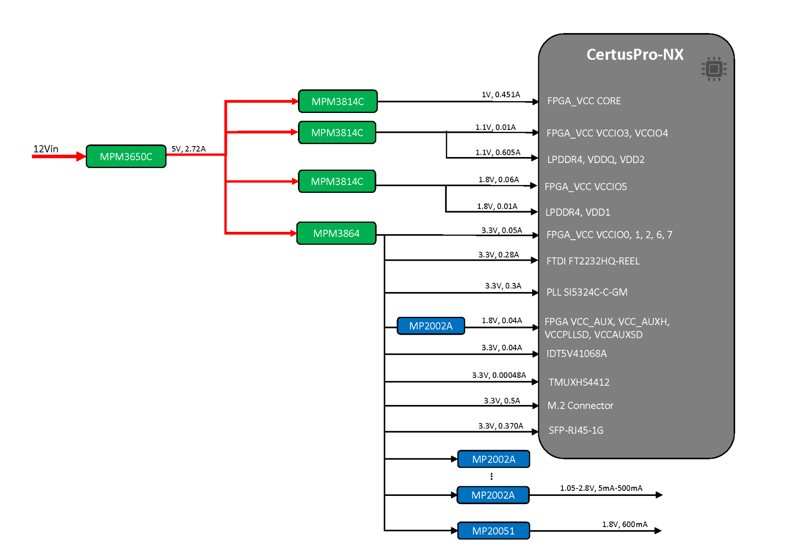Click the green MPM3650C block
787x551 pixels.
point(126,157)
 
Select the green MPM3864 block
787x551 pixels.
point(336,233)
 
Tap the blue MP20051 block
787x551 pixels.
point(493,531)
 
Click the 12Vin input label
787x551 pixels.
point(45,149)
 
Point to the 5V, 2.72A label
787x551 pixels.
point(188,149)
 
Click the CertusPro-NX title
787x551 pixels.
point(635,55)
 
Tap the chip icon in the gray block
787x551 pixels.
point(714,69)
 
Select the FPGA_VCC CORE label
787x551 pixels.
point(584,101)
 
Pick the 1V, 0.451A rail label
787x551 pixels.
point(500,95)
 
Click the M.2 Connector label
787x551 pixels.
point(580,405)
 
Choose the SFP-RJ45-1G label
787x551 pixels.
point(576,430)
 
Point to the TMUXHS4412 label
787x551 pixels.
point(579,382)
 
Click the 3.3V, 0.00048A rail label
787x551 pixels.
point(499,375)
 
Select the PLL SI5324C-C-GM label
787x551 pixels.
point(586,292)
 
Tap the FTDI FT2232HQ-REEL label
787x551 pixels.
point(592,261)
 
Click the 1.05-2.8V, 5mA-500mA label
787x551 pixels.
point(601,488)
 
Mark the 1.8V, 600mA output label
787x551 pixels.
point(624,524)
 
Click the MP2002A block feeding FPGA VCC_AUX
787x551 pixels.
point(431,326)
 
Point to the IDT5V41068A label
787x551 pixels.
point(576,354)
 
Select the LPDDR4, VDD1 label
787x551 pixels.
point(577,212)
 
